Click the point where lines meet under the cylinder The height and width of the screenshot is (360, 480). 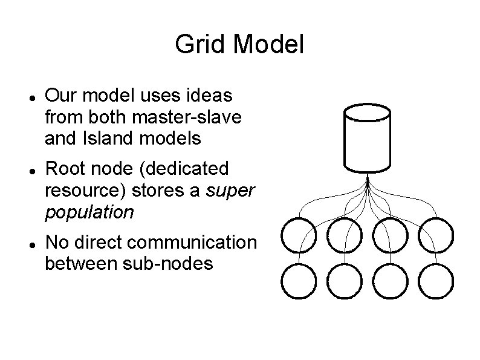pos(367,179)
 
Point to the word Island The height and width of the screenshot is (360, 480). pos(101,139)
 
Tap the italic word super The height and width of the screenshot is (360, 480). pos(232,191)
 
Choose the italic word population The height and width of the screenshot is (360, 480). pos(89,212)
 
